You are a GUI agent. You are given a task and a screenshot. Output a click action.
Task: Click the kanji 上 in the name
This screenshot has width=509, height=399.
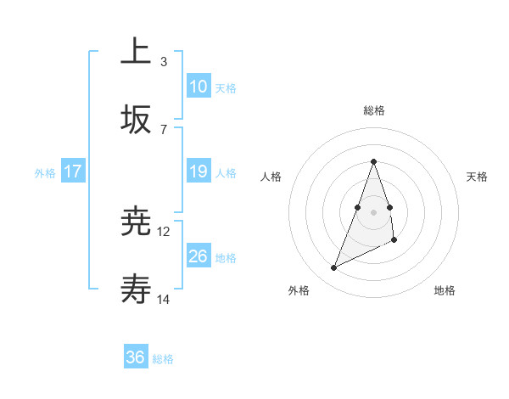pos(136,51)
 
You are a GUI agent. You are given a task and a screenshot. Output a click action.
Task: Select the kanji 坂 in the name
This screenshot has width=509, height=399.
pos(136,120)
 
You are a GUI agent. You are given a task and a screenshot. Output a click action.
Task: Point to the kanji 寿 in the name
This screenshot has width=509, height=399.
pos(136,291)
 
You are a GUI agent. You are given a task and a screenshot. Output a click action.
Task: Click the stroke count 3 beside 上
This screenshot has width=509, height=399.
pos(163,61)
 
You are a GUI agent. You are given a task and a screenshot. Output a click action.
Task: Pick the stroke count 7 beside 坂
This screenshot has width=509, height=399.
pos(163,129)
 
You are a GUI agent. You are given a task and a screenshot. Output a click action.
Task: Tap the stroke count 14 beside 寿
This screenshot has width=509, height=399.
pos(164,300)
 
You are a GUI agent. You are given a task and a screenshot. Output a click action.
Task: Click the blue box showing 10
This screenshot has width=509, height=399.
pos(199,87)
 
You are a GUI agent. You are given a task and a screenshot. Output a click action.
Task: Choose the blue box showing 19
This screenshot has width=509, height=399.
pos(199,171)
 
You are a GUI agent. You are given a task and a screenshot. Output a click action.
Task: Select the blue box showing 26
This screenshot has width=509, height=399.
pos(199,256)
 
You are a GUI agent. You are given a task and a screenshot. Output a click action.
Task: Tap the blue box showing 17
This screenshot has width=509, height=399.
pos(73,171)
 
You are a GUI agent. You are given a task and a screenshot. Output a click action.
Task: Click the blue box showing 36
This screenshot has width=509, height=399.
pos(136,357)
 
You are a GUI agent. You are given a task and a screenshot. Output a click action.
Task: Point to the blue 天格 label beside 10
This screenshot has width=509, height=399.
pos(226,88)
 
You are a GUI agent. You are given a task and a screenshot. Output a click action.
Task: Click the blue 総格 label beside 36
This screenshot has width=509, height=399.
pos(163,359)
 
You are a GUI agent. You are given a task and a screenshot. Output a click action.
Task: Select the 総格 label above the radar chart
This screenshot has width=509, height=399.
pos(374,110)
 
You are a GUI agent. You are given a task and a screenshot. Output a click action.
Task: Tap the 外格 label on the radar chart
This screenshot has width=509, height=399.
pos(299,290)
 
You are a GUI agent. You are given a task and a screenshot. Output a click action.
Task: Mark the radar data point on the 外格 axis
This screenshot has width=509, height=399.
pos(333,268)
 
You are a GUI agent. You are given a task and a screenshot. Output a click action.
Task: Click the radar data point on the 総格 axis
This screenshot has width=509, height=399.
pos(374,161)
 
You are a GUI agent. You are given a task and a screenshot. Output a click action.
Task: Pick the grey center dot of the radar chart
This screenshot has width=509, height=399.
pos(374,211)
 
